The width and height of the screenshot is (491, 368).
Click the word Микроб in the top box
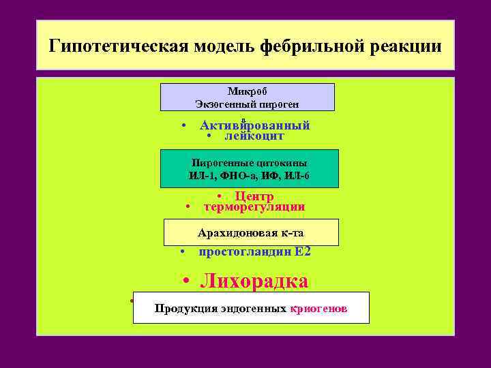247,91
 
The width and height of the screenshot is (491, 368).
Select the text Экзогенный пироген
247,104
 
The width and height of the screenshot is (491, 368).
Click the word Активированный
255,125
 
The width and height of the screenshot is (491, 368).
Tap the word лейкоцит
254,136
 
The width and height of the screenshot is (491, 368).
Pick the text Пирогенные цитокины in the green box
249,163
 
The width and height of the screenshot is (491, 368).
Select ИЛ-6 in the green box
297,176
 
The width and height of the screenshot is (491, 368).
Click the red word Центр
254,196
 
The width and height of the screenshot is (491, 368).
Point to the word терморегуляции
254,206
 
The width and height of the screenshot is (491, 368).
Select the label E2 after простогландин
303,251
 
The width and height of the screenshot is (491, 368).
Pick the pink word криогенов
318,308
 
